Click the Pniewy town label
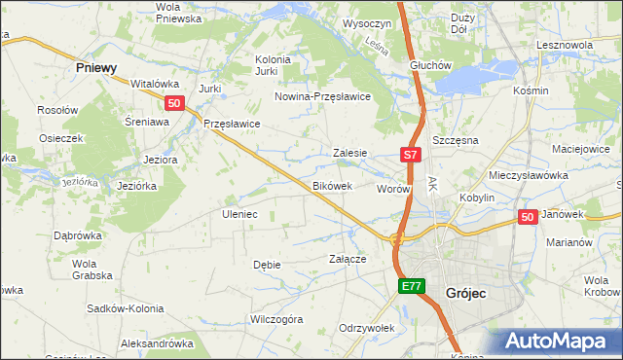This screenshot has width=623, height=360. pos(96,68)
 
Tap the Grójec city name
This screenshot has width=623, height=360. pos(465,292)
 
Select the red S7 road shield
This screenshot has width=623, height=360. pos(411,155)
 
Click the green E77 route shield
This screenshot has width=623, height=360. pos(412,286)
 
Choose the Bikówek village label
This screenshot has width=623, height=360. pos(339,185)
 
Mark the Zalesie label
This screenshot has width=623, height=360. pos(349,153)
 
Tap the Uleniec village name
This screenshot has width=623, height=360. pos(239,213)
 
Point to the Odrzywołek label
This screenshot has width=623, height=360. pos(366,327)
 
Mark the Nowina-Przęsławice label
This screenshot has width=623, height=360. pos(323,96)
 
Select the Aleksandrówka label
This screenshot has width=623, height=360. pos(157,343)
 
